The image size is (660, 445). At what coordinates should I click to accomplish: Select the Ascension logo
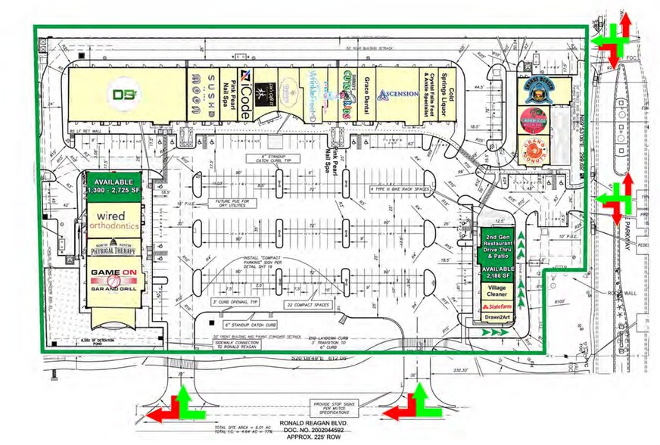click(x=398, y=95)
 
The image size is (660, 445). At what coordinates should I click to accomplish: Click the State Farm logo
click(x=497, y=307)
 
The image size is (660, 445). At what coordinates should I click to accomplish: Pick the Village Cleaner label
click(x=497, y=291)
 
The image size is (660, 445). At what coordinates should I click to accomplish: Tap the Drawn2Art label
click(x=497, y=319)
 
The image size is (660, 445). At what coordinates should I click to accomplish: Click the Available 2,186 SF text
click(x=497, y=272)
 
